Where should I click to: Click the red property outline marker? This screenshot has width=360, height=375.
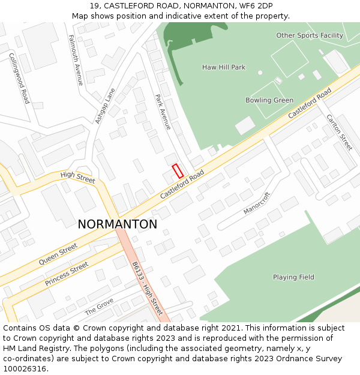[178, 170]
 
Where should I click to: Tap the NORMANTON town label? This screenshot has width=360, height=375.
[118, 224]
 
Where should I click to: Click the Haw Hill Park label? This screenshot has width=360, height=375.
[224, 67]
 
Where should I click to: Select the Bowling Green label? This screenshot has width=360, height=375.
[269, 100]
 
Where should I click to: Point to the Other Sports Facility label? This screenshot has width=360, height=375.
[310, 35]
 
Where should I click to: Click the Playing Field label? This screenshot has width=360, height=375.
[293, 277]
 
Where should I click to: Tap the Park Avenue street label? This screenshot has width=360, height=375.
[163, 112]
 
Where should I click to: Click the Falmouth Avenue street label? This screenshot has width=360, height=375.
[76, 59]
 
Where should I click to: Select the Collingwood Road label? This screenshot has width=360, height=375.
[19, 78]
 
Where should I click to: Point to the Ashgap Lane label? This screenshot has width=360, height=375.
[105, 106]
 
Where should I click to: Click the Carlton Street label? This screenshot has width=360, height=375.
[339, 132]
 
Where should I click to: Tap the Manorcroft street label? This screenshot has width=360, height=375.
[257, 203]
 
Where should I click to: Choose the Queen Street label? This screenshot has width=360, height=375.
[58, 254]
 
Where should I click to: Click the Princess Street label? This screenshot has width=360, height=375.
[67, 274]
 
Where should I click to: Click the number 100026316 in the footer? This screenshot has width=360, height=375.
[24, 368]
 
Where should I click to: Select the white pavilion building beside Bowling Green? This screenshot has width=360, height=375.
[245, 126]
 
